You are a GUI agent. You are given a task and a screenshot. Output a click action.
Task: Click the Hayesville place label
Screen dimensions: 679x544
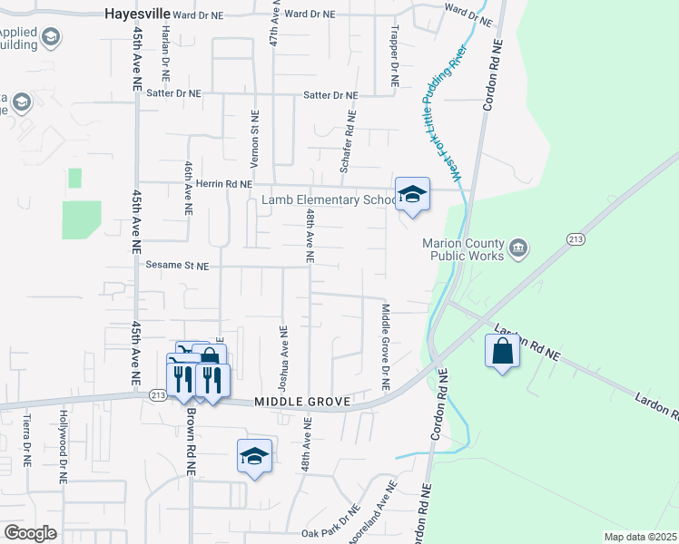(139, 15)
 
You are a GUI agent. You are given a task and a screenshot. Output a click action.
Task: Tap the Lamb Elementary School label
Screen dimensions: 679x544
(329, 199)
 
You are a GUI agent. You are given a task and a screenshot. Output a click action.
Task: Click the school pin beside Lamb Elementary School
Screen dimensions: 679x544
(413, 195)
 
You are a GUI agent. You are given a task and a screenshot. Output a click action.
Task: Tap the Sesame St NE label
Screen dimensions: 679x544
(177, 267)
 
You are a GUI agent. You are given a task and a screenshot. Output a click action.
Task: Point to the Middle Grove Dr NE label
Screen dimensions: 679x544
(385, 347)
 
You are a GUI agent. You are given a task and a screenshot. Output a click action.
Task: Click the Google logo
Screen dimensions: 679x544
(30, 533)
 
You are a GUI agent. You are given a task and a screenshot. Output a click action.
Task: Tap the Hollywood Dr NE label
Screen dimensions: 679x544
(64, 437)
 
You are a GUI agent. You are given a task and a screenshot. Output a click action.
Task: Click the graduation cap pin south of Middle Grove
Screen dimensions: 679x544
(255, 457)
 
